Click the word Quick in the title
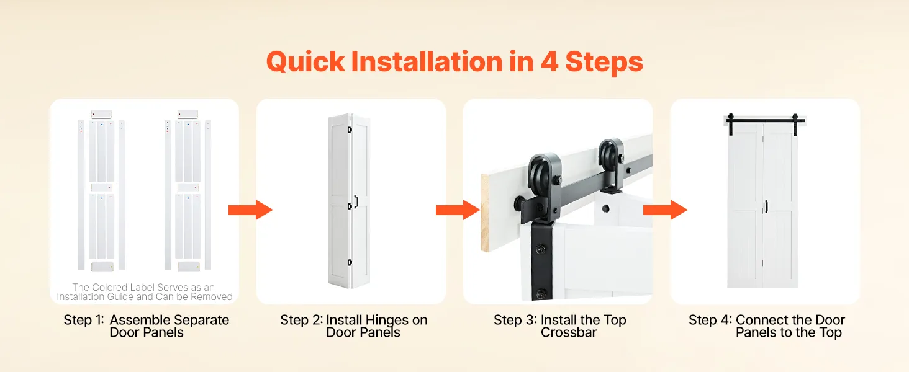click(305, 62)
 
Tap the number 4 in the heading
click(549, 61)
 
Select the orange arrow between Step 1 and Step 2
click(250, 210)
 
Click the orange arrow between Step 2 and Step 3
click(458, 210)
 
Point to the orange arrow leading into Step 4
click(665, 210)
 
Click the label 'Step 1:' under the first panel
click(84, 320)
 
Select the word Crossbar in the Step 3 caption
click(569, 333)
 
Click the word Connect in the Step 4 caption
click(759, 320)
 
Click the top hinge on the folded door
click(350, 130)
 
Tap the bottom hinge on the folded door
click(350, 263)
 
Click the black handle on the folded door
click(356, 201)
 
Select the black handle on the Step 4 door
click(767, 206)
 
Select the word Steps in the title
click(604, 63)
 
